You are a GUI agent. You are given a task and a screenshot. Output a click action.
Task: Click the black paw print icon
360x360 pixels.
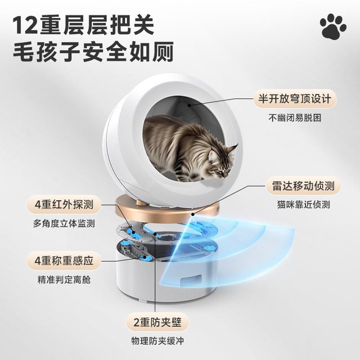point(333,26)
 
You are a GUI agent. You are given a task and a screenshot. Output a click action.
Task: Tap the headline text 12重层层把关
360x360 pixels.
point(83,25)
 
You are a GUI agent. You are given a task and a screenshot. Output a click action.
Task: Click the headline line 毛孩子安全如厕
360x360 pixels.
point(93,51)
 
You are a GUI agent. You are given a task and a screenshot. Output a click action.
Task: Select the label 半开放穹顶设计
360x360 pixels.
point(295,99)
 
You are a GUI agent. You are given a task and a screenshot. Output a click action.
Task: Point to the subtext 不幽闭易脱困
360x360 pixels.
point(295,118)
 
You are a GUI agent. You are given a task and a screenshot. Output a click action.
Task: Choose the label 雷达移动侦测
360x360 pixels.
point(303,186)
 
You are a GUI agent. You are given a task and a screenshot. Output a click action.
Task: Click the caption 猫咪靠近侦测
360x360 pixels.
point(303,205)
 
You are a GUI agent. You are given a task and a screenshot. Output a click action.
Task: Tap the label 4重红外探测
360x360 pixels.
point(64,204)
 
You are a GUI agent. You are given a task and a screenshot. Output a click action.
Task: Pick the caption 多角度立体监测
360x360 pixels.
point(64,223)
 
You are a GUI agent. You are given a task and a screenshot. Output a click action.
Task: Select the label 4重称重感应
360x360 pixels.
point(64,260)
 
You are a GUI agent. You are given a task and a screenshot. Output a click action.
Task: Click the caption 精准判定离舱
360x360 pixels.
point(64,280)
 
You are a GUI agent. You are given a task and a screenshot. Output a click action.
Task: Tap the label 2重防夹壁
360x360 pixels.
point(157,322)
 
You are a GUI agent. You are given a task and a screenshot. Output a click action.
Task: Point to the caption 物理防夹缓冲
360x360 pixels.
point(157,341)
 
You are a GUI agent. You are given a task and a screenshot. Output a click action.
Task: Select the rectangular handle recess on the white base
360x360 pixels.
point(192,280)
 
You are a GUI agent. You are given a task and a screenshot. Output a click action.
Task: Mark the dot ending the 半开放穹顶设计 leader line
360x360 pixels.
point(190,105)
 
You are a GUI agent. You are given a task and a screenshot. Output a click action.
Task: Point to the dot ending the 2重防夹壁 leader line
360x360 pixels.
point(155,234)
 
